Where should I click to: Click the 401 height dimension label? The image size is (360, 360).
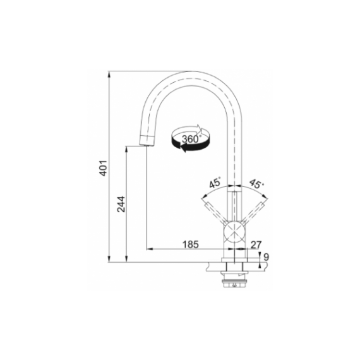click(104, 168)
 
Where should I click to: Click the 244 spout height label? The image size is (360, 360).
click(121, 204)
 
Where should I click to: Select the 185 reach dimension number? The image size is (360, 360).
click(190, 244)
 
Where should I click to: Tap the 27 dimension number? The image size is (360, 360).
click(256, 245)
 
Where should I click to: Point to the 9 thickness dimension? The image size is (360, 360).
click(266, 257)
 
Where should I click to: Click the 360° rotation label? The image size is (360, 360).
click(191, 139)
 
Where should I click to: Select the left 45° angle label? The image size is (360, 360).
click(215, 183)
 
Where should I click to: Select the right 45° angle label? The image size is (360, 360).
click(256, 184)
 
